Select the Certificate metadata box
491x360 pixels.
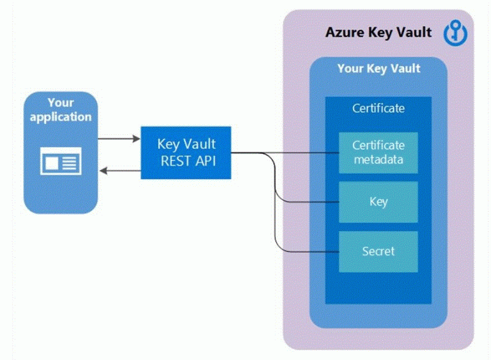pyautogui.click(x=378, y=153)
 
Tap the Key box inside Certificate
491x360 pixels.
pyautogui.click(x=378, y=202)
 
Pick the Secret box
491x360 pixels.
pyautogui.click(x=378, y=251)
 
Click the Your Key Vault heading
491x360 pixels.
pyautogui.click(x=378, y=68)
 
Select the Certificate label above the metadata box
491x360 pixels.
pyautogui.click(x=378, y=108)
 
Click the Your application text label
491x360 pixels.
pyautogui.click(x=61, y=110)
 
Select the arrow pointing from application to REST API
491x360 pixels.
pyautogui.click(x=119, y=137)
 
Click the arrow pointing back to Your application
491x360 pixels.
pyautogui.click(x=119, y=170)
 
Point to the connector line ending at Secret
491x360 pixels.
pyautogui.click(x=307, y=251)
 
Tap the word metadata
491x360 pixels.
pyautogui.click(x=378, y=160)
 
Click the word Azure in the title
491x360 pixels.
pyautogui.click(x=343, y=32)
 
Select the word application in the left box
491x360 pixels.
pyautogui.click(x=61, y=117)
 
